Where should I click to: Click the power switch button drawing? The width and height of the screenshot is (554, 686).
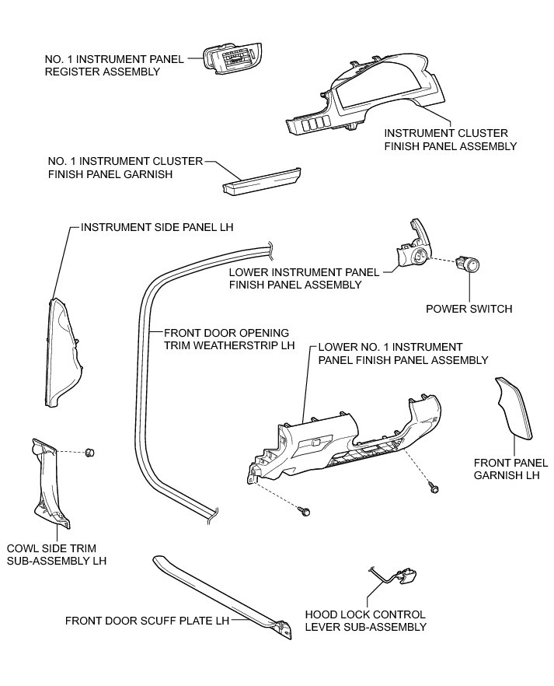point(468,266)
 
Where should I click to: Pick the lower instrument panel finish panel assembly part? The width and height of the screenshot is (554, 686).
point(412,249)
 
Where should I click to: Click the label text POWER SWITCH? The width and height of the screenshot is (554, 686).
point(469,309)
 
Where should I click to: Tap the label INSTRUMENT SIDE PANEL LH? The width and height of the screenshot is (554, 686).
point(157,228)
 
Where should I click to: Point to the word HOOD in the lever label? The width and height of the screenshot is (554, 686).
point(321,614)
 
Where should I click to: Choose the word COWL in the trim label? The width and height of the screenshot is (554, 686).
point(22,547)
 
